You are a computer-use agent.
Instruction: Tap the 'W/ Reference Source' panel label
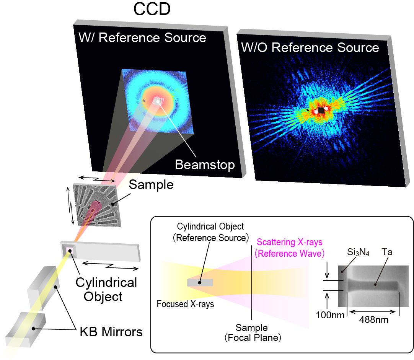[x=142, y=38]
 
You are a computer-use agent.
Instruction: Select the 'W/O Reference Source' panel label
[x=310, y=48]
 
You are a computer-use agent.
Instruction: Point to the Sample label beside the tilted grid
[x=151, y=185]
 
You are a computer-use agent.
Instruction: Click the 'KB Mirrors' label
[x=111, y=332]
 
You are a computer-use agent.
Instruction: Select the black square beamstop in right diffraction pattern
[x=321, y=110]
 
